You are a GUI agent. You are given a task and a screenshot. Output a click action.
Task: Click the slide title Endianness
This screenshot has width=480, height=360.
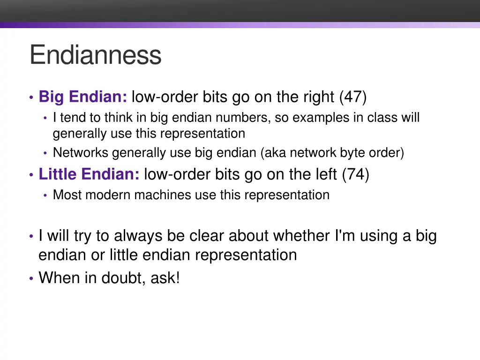click(95, 55)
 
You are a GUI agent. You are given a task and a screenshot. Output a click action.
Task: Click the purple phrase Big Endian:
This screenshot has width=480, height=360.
click(83, 97)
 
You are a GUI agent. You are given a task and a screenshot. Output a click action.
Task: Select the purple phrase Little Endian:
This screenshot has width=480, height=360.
click(89, 175)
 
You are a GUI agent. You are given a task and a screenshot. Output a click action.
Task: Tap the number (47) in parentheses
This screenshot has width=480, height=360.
click(353, 97)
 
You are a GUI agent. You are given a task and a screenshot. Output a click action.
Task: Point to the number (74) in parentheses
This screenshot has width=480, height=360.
click(355, 175)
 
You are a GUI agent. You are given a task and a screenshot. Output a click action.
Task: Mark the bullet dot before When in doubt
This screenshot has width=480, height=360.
click(31, 278)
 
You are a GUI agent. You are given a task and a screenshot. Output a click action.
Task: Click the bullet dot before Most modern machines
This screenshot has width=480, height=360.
click(45, 195)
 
